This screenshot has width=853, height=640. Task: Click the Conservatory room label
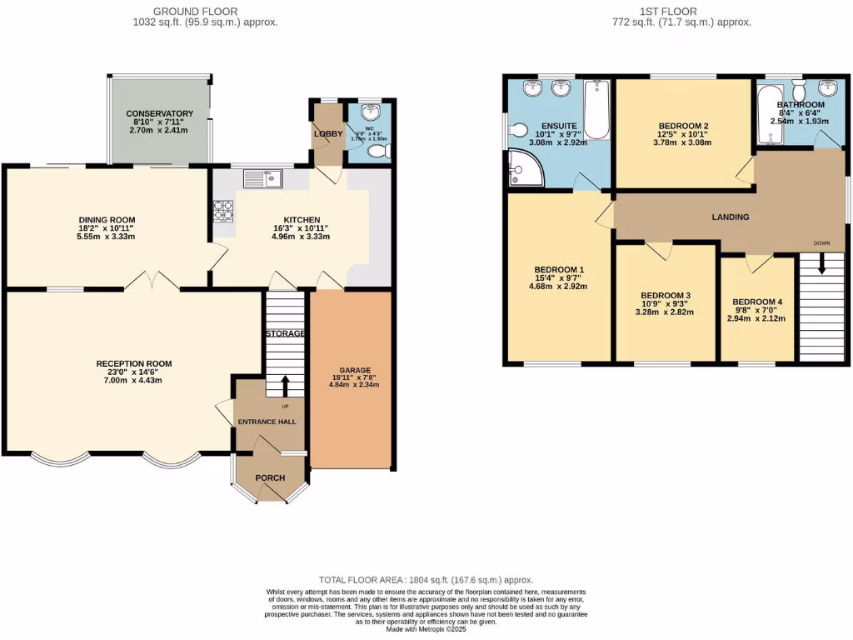[159, 113]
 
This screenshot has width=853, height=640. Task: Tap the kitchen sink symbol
[263, 177]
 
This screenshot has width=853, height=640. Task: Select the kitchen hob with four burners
[223, 212]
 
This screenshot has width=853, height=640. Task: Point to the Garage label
[354, 370]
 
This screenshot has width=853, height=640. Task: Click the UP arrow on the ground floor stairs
[286, 386]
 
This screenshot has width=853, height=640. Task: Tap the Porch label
[270, 477]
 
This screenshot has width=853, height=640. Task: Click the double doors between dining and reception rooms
[153, 281]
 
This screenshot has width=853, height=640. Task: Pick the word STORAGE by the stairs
[286, 333]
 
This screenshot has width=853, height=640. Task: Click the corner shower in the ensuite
[525, 170]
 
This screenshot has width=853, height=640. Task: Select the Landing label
[730, 217]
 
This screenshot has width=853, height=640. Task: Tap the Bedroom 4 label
[757, 302]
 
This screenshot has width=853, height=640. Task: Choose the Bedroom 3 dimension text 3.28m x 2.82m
[665, 312]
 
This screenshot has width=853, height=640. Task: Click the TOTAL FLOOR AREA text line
[426, 580]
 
